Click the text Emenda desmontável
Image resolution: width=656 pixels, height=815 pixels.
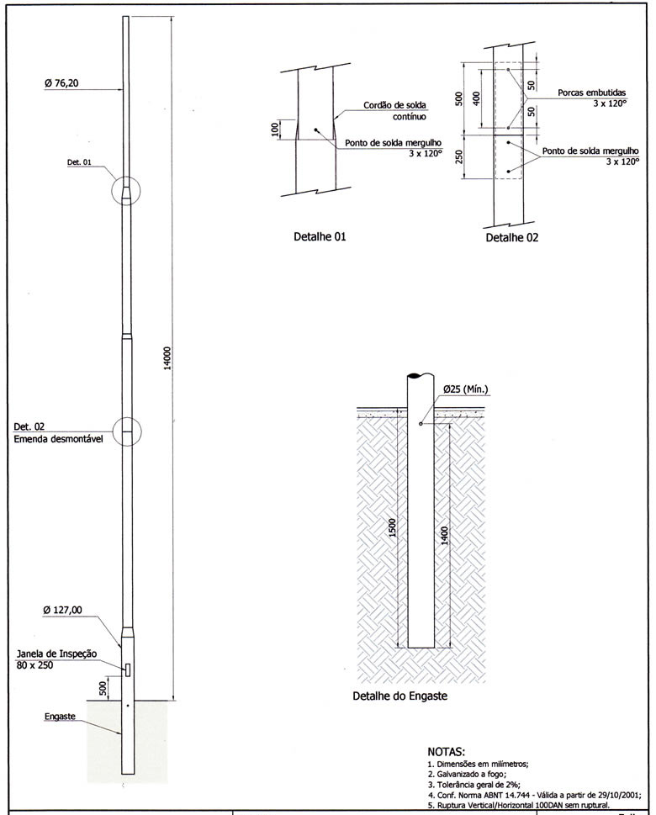coord(58,439)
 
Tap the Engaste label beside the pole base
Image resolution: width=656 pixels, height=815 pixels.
coord(61,717)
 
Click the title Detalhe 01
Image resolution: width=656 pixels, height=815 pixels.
coord(320,237)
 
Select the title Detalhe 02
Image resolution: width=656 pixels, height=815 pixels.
coord(511,238)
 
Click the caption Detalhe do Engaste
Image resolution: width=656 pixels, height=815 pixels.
coord(399,696)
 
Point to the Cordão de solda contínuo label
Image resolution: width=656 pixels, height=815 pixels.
coord(394,111)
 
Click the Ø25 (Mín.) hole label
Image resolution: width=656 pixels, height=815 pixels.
coord(466,389)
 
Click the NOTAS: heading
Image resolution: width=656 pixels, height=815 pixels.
coord(452,750)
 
